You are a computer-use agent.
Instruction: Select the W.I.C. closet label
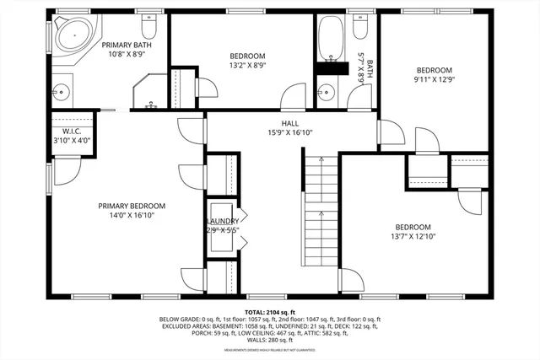coord(67,132)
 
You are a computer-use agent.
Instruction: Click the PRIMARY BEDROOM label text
coord(131,206)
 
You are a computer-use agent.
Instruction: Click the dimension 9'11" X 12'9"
coord(435,80)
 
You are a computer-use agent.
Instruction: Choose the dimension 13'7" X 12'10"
coord(413,237)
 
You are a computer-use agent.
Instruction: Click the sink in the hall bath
coord(327,91)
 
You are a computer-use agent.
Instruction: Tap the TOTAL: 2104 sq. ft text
coord(269,311)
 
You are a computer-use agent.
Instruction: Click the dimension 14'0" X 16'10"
coord(131,216)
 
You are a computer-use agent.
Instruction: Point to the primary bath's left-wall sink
coord(60,91)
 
